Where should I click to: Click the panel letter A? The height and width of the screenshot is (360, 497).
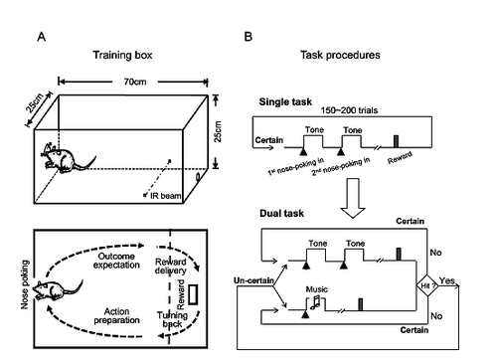42,37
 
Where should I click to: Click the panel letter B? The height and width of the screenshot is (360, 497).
248,37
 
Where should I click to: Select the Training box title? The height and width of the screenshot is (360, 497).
122,55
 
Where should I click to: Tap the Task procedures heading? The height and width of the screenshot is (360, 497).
340,55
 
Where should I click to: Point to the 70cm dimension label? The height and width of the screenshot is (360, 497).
135,82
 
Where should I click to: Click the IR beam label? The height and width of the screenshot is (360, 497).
165,196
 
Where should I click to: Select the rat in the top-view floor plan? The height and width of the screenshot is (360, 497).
57,290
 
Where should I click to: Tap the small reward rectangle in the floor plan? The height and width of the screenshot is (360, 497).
193,294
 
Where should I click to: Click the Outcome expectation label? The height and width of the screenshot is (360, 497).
116,261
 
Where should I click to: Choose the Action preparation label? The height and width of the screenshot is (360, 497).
116,316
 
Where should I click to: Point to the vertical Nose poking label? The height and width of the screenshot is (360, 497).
25,284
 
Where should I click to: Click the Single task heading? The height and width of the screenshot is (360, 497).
285,101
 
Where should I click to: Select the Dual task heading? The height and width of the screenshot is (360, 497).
281,213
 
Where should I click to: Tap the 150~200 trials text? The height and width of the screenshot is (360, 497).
349,110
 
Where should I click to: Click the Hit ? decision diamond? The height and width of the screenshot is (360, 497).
427,285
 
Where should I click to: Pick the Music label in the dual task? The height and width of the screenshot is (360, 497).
316,289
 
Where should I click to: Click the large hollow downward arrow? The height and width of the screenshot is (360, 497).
353,198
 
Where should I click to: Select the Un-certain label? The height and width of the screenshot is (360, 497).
253,280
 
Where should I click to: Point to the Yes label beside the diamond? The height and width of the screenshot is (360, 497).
447,280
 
